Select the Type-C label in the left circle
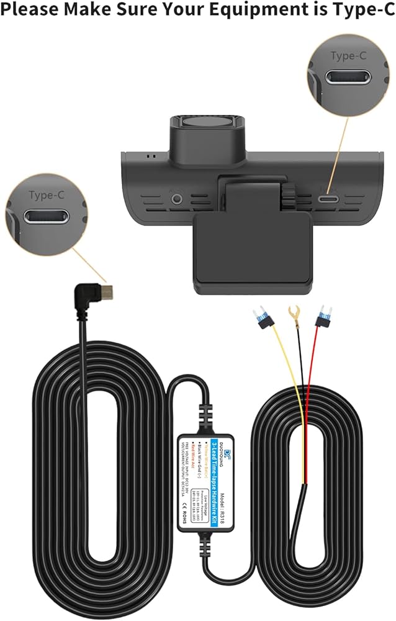pyautogui.click(x=47, y=195)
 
